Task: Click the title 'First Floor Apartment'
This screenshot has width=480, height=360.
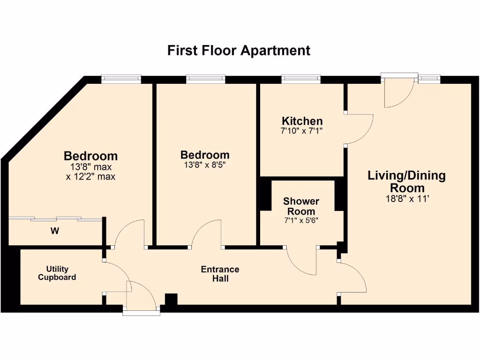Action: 239,50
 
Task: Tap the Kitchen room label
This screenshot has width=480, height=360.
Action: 302,121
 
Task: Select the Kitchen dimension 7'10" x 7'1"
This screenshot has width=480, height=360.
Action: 302,131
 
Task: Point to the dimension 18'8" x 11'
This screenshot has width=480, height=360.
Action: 406,198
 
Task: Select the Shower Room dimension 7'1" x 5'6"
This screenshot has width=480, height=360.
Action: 301,221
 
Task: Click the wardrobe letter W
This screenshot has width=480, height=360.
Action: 55,231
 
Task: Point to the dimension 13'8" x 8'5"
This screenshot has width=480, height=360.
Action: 205,165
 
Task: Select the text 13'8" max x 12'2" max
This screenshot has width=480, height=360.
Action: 90,172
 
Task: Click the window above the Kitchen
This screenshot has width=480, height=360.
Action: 301,79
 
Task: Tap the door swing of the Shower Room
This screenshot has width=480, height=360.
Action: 302,260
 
